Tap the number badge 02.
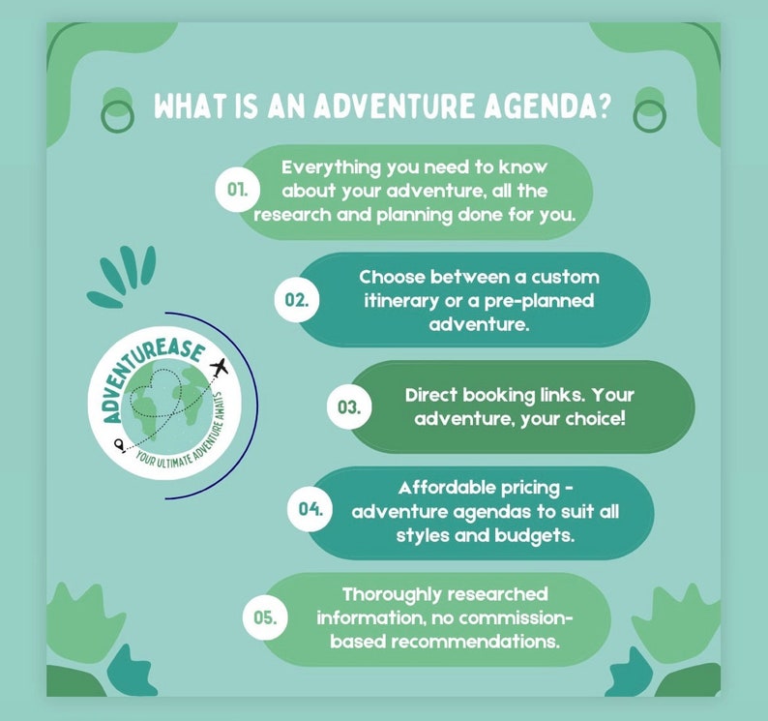tap(296, 300)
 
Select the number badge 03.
tap(348, 408)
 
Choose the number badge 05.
tap(264, 617)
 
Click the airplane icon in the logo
tap(219, 367)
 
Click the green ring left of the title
tap(117, 113)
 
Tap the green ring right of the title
tap(649, 113)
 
